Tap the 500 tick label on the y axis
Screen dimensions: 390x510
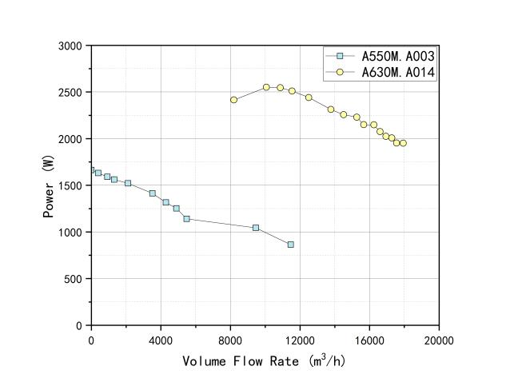click(74, 279)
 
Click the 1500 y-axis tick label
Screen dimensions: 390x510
click(70, 185)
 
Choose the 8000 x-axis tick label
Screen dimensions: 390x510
click(230, 340)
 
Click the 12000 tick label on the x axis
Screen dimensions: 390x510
click(300, 340)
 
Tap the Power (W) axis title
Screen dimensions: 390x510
click(49, 186)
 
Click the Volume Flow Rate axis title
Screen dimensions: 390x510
click(263, 360)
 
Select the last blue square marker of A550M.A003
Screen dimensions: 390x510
click(290, 245)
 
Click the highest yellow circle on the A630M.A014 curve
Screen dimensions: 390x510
click(266, 87)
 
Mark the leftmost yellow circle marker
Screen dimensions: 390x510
click(233, 100)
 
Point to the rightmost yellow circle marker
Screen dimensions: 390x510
click(403, 143)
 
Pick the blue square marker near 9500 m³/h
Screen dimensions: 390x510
click(256, 228)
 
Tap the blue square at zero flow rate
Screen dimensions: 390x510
click(91, 169)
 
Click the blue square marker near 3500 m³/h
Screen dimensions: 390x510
click(152, 193)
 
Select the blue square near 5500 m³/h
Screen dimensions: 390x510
click(186, 219)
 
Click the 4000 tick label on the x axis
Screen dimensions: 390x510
click(161, 340)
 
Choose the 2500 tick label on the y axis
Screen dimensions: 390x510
click(70, 93)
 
